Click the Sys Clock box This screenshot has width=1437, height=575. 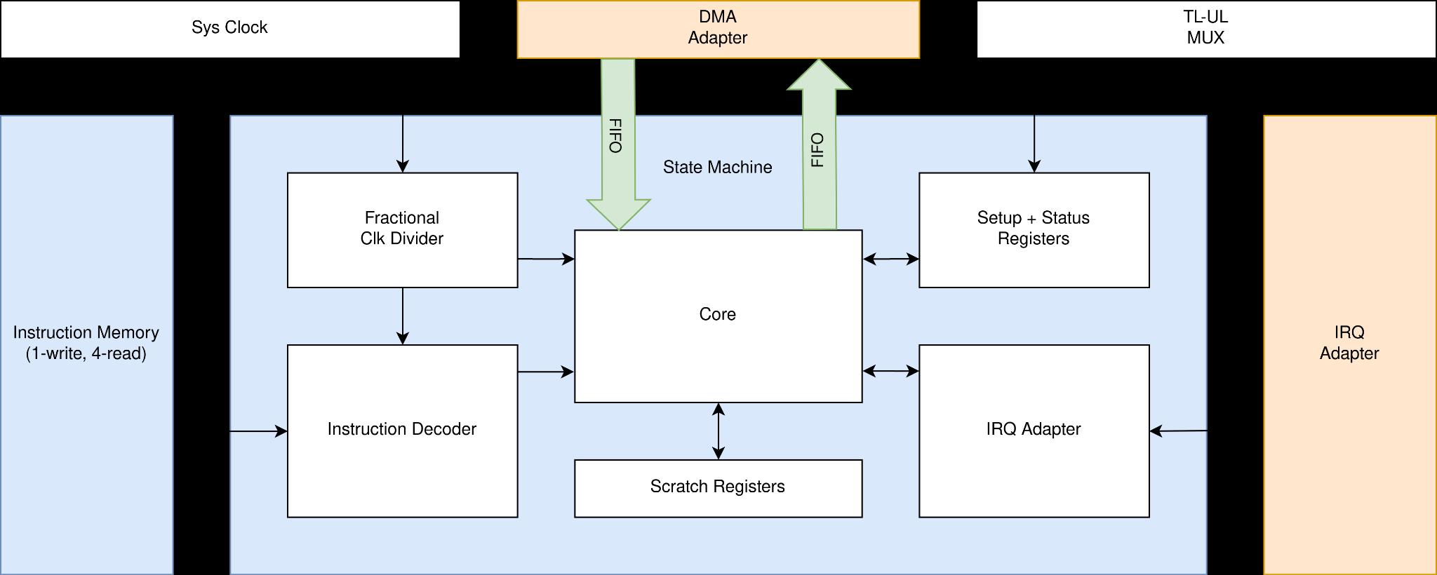(x=229, y=28)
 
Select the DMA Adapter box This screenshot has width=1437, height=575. (x=718, y=28)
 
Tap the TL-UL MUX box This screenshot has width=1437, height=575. (x=1205, y=28)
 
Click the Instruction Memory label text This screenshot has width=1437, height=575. (x=86, y=343)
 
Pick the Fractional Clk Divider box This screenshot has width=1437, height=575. (x=402, y=229)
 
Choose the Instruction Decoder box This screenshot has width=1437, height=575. (x=402, y=430)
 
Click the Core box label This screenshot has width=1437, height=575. (x=718, y=314)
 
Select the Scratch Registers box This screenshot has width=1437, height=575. (x=718, y=487)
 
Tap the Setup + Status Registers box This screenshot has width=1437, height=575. (x=1034, y=229)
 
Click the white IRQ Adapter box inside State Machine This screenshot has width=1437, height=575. (x=1034, y=430)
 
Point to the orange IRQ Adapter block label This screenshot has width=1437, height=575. (x=1349, y=343)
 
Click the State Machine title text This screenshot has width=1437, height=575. (x=717, y=167)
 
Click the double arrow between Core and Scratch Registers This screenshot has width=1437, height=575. (x=718, y=431)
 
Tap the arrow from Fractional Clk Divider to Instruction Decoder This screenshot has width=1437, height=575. (x=403, y=316)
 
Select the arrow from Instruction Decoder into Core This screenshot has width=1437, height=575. (x=546, y=372)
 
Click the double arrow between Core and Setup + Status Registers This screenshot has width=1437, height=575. (x=890, y=259)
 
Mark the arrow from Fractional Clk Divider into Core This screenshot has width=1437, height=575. (x=546, y=259)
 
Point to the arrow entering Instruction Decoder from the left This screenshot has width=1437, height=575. (x=258, y=431)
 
